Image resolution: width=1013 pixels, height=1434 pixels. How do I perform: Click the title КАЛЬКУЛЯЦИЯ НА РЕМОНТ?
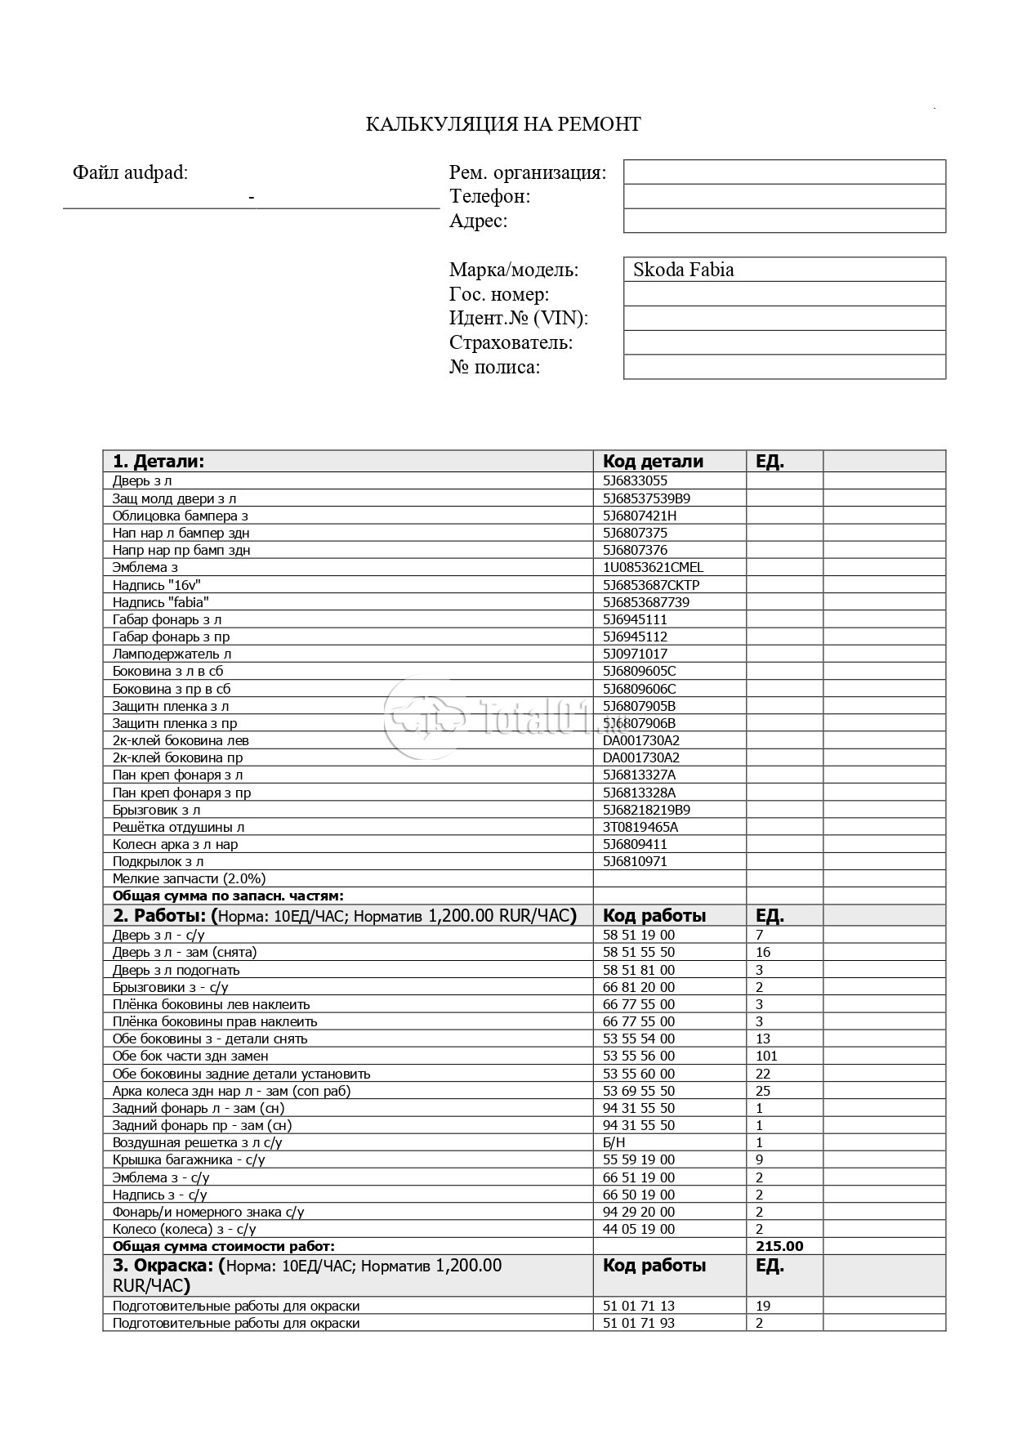(503, 124)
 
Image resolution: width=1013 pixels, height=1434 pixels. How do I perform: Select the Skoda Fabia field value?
(683, 270)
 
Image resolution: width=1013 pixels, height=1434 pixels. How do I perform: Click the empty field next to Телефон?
(784, 196)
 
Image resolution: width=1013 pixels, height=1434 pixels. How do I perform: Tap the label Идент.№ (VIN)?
(519, 318)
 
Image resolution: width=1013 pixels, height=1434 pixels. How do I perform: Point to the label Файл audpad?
(130, 172)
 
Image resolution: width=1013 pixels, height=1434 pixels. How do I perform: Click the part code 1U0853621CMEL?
(653, 567)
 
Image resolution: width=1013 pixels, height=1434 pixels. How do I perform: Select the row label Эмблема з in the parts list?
(145, 567)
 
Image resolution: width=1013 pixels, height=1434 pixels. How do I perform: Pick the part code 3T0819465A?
(640, 827)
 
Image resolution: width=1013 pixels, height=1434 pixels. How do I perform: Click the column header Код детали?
(653, 461)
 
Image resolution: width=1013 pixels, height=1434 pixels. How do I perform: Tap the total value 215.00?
(780, 1246)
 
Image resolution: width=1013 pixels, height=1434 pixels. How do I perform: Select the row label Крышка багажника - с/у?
(189, 1159)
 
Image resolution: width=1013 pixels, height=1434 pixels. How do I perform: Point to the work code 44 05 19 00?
(639, 1229)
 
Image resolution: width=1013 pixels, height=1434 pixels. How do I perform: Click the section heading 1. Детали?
(158, 461)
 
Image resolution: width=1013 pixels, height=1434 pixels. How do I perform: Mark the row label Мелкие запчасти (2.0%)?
(189, 878)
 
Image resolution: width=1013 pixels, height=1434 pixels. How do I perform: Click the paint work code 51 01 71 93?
(639, 1323)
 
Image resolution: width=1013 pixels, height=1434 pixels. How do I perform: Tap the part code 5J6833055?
(635, 480)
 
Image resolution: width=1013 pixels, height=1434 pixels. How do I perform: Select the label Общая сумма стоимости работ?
(224, 1246)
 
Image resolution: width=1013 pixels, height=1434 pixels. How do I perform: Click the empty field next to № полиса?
(784, 367)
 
